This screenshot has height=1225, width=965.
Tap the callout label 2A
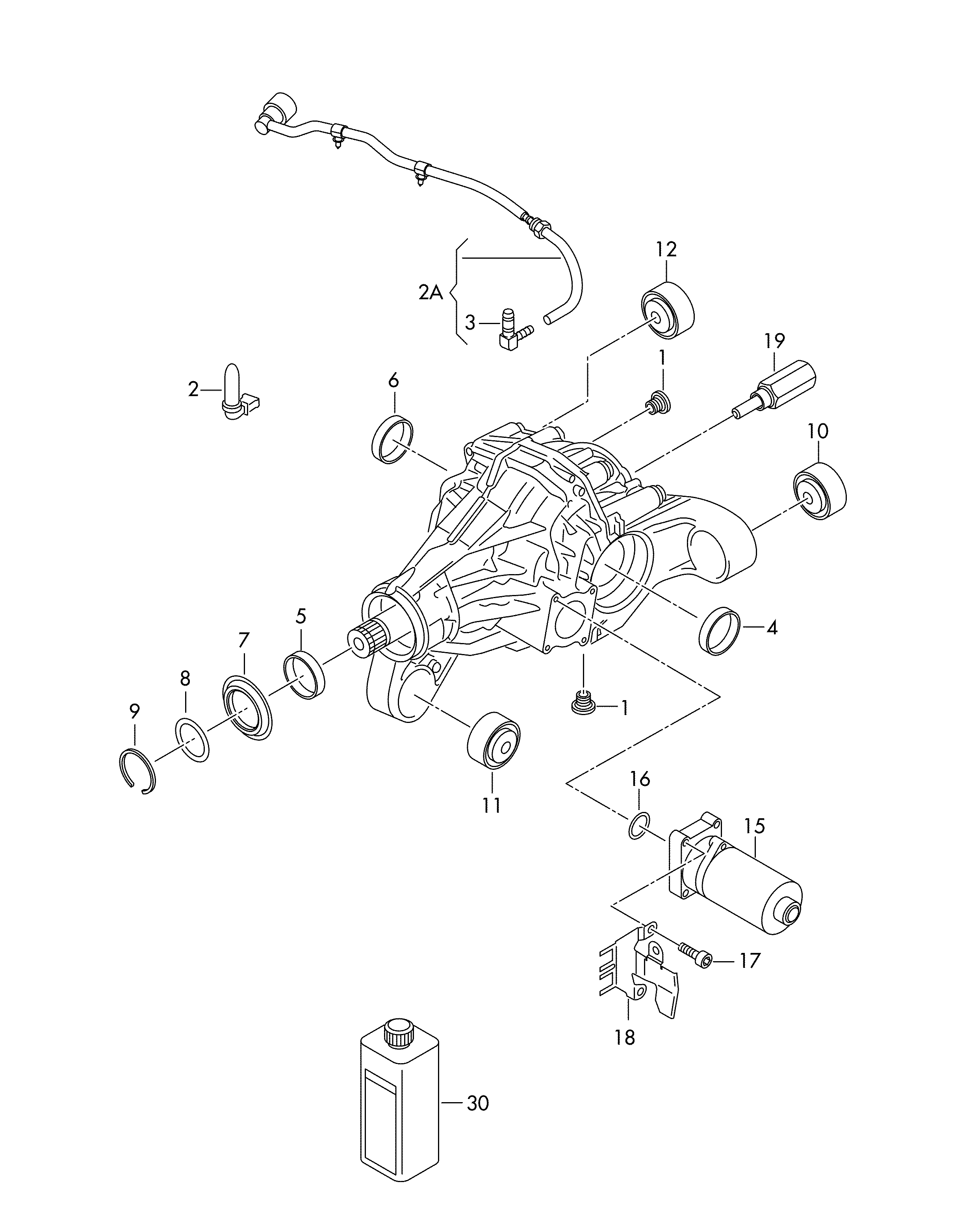pos(431,293)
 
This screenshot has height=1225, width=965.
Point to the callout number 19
pos(775,341)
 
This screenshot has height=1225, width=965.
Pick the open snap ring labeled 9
pos(139,771)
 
